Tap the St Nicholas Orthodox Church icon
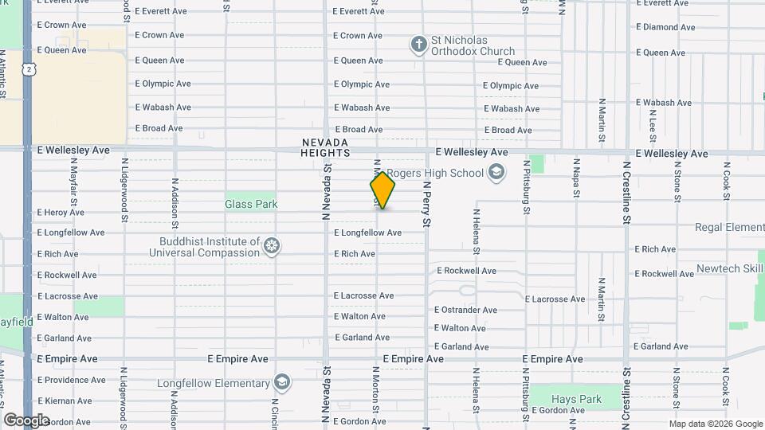[x=418, y=45]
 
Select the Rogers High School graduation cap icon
[x=496, y=172]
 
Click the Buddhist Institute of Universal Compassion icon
[x=273, y=245]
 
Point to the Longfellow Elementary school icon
[x=281, y=383]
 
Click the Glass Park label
[x=251, y=204]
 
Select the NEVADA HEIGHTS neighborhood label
[x=325, y=147]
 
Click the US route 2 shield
[x=29, y=69]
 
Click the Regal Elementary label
[x=729, y=228]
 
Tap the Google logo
[x=26, y=420]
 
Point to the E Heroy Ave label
[x=61, y=213]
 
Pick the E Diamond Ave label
[x=665, y=28]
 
